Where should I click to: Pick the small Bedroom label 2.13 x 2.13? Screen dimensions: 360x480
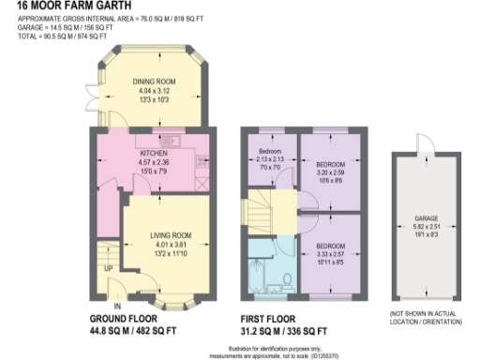[270, 151]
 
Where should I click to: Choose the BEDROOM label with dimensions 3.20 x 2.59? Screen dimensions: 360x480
[330, 162]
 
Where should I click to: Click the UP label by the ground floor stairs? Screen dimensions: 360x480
[108, 268]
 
